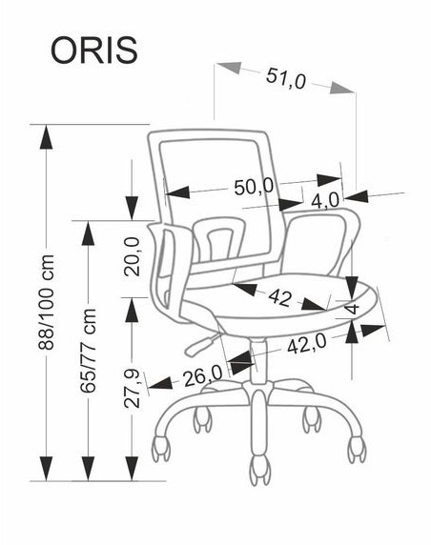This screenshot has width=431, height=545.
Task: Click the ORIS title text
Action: tap(94, 50)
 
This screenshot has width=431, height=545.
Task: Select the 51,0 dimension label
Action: tap(286, 78)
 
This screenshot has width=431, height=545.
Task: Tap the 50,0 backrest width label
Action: tap(254, 188)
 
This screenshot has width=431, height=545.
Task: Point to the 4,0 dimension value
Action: tap(325, 201)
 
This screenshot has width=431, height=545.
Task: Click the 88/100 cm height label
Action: tap(47, 302)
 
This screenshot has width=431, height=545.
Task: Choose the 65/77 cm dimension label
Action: tap(88, 351)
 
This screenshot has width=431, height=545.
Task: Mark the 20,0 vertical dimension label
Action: tap(132, 257)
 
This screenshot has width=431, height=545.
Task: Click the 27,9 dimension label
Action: tap(132, 388)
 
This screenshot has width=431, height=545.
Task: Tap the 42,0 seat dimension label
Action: tap(307, 345)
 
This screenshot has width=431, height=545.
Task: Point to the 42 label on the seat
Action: tap(279, 298)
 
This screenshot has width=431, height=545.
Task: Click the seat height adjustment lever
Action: tap(203, 344)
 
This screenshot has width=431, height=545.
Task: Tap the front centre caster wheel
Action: tap(260, 470)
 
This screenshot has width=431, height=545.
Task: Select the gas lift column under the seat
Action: tap(258, 361)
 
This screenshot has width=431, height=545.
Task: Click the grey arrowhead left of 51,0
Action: tap(229, 68)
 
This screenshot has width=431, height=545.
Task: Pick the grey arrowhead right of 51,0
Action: tap(342, 88)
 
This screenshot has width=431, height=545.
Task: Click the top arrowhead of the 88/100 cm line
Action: tap(47, 136)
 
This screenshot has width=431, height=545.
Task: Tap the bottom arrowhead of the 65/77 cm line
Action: tap(88, 469)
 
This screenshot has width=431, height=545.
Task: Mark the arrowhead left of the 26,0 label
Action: tap(160, 383)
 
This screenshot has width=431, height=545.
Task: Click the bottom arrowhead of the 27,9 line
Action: tap(132, 469)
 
